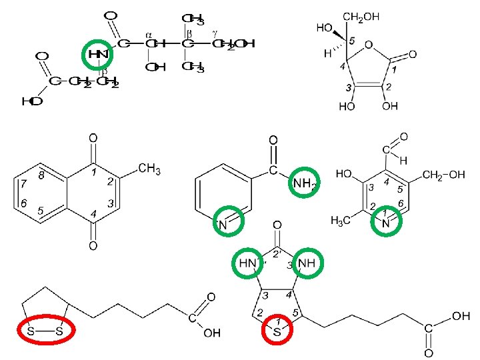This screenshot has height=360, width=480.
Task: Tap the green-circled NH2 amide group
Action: (x=305, y=182)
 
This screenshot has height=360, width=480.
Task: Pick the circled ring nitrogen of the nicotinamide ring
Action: (x=224, y=223)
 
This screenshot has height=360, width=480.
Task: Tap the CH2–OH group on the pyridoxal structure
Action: (x=445, y=175)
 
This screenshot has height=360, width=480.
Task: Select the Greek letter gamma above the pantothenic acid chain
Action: (x=215, y=32)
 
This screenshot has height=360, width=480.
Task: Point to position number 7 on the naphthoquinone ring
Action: (x=23, y=183)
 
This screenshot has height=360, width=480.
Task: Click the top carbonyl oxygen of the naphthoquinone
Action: (x=93, y=139)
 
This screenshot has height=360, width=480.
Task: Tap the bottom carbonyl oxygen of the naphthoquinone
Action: (x=93, y=246)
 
